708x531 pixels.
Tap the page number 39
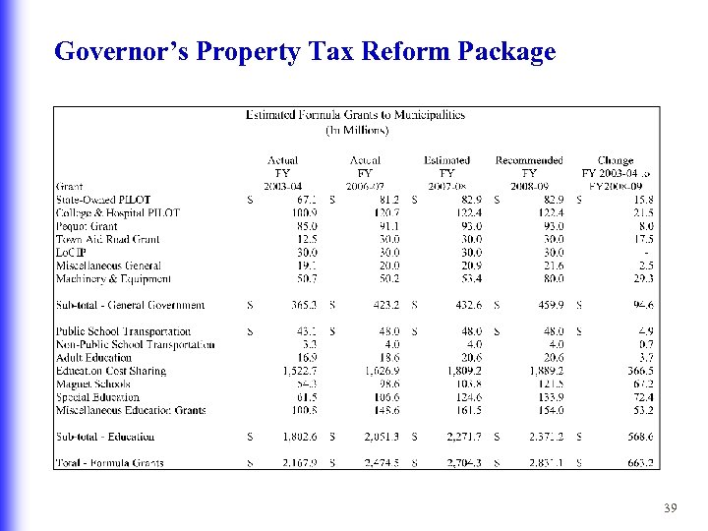(671, 506)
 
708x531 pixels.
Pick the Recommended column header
(529, 160)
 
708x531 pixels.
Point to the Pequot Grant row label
(88, 225)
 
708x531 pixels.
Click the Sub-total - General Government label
(131, 305)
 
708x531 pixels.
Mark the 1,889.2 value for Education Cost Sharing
(545, 371)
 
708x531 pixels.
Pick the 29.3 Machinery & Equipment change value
(643, 278)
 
